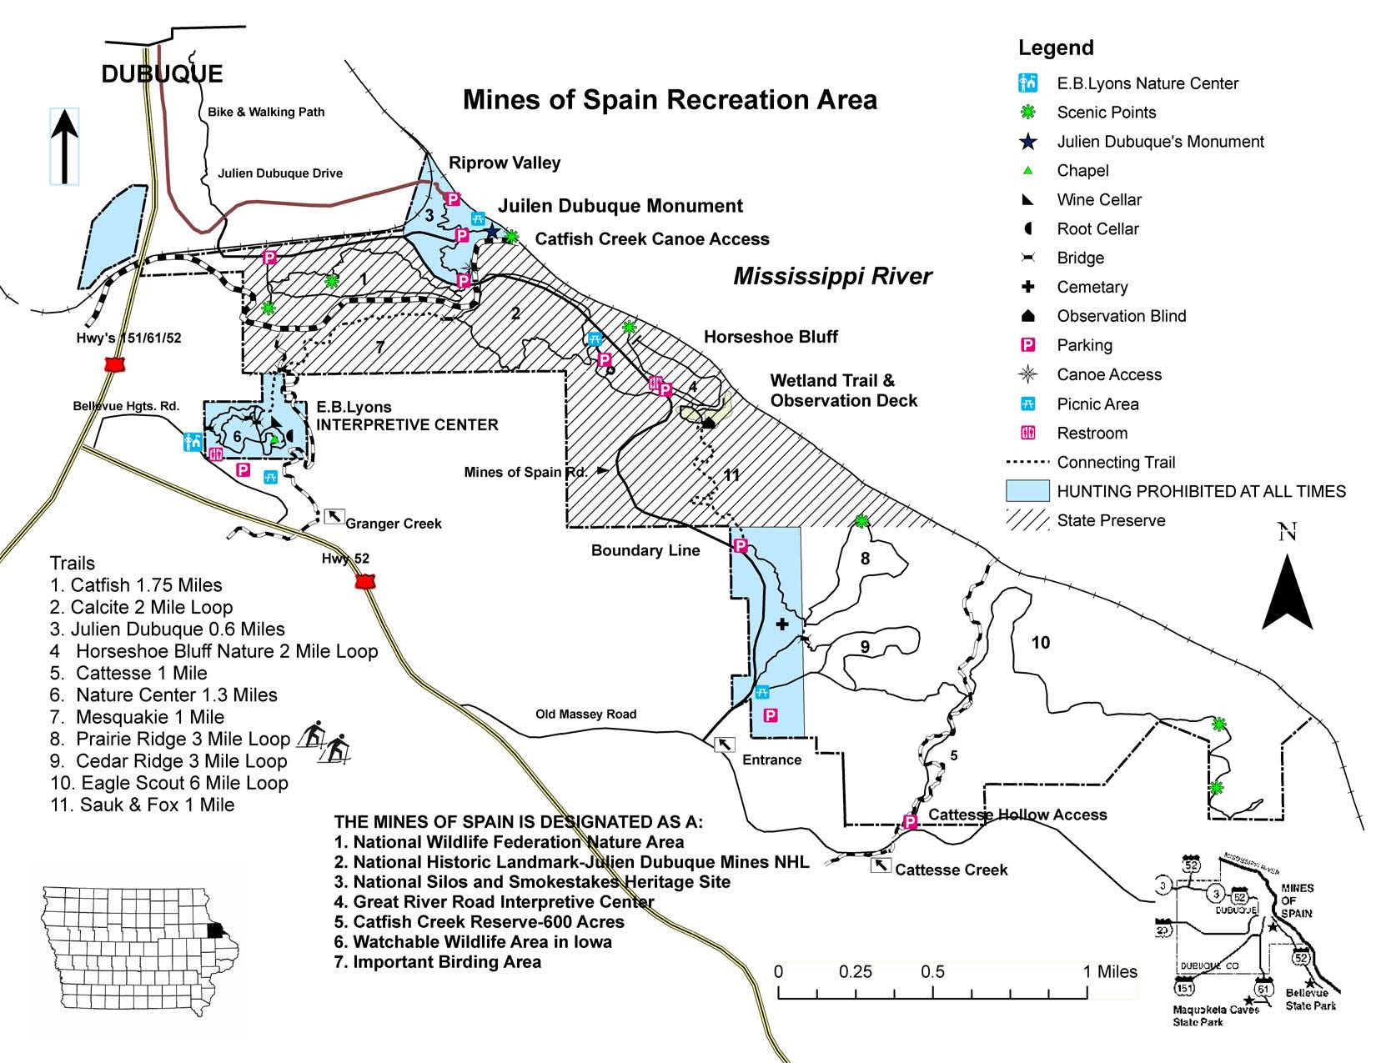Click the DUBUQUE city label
point(162,74)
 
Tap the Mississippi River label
point(831,277)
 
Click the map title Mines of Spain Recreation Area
point(670,100)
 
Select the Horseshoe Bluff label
point(771,337)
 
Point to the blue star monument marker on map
point(492,232)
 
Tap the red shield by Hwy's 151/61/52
point(114,365)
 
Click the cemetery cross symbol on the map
point(782,624)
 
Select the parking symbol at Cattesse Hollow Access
point(911,822)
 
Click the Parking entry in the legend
point(1084,345)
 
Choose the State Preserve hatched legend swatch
point(1027,520)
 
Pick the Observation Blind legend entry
point(1121,316)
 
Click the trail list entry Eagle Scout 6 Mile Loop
point(169,783)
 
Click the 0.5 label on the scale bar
point(932,971)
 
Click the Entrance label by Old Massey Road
point(771,760)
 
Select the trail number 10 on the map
point(1040,642)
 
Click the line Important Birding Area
point(438,962)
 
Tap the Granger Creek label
point(393,524)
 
